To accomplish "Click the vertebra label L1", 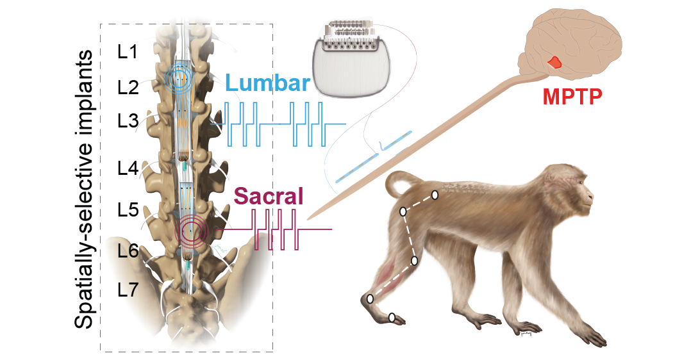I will point(128,53).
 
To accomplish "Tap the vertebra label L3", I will point(128,120).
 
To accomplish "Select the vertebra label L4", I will point(128,168).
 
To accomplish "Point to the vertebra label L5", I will point(128,210).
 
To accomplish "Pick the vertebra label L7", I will point(128,291).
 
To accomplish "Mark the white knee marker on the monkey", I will point(415,261).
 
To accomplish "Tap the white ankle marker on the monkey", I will point(370,299).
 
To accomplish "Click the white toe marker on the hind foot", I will point(392,317).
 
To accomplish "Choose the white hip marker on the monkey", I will point(403,211).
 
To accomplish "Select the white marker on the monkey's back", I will point(435,195).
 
